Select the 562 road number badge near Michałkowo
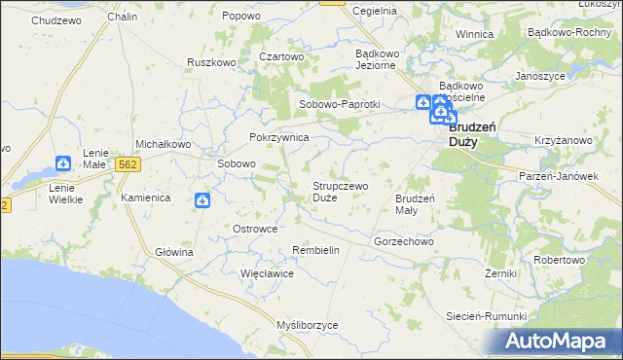(x=127, y=165)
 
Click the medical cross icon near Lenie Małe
(x=63, y=164)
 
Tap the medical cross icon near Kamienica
(x=202, y=200)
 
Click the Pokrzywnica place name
(x=279, y=138)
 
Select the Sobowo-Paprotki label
(x=339, y=105)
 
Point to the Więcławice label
(x=268, y=273)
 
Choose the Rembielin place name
(x=315, y=250)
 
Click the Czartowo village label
(x=282, y=56)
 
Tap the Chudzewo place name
(x=56, y=19)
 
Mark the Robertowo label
(x=559, y=261)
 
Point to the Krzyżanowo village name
(x=564, y=141)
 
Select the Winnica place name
(x=474, y=34)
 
